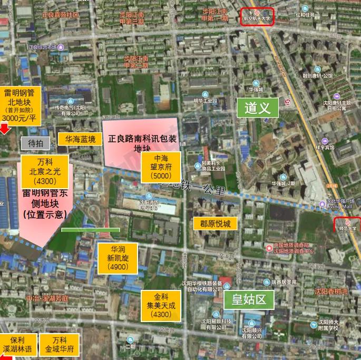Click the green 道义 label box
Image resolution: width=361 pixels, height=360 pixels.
click(x=258, y=108)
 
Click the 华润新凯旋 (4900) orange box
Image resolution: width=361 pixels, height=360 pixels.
click(x=118, y=258)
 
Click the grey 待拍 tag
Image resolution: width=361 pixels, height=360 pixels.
click(x=35, y=143)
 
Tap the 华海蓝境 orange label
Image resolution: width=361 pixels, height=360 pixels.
click(x=80, y=140)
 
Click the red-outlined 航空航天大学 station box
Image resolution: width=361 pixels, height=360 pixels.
click(x=257, y=17)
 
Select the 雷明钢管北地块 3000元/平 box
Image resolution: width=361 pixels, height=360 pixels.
click(x=20, y=104)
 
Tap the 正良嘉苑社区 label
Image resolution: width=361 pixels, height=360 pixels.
click(x=60, y=15)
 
